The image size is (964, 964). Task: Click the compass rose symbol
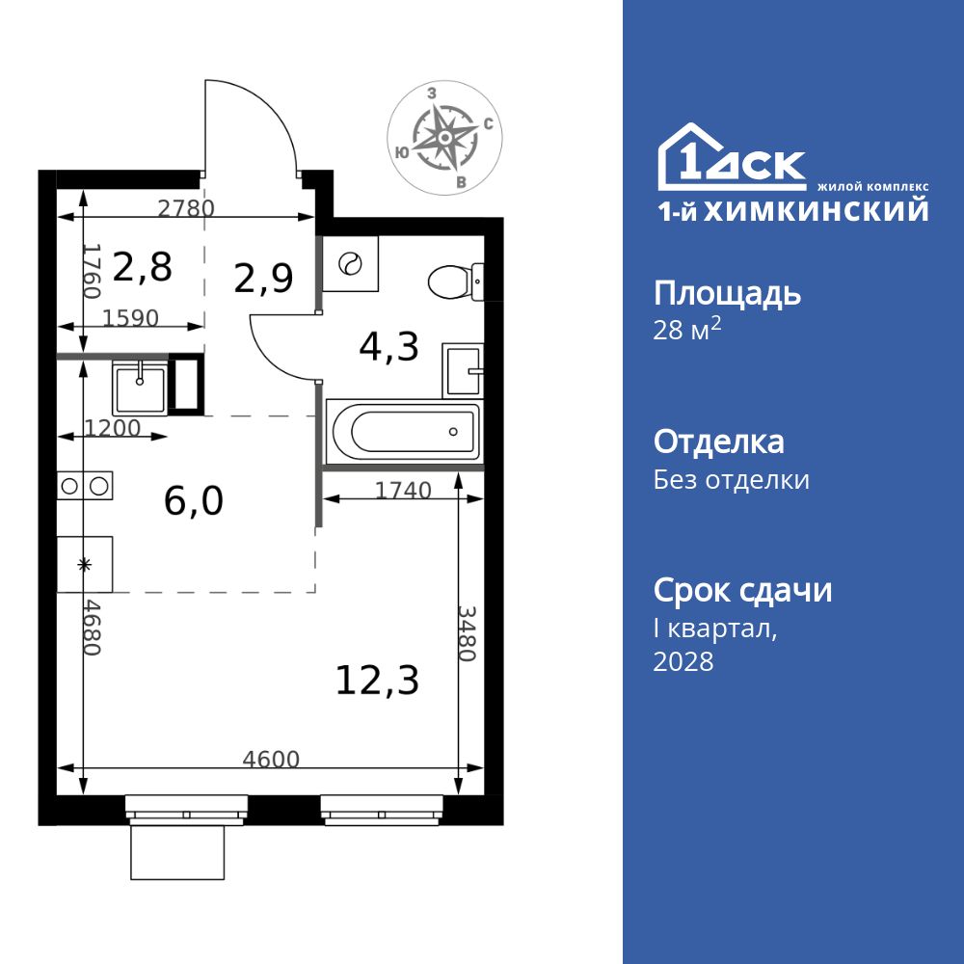444,138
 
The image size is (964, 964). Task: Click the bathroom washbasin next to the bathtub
463,369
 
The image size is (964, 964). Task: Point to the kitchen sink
141,386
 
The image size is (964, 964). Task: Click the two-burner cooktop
85,486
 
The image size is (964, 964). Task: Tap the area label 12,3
377,681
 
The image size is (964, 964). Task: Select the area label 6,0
193,501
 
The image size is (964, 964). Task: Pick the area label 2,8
143,267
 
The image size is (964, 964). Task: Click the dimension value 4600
271,759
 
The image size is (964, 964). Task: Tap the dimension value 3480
467,633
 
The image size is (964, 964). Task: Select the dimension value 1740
403,491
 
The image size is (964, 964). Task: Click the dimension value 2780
186,207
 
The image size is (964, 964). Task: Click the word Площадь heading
727,293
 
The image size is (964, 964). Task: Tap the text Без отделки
731,479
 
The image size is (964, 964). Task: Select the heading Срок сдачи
742,590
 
